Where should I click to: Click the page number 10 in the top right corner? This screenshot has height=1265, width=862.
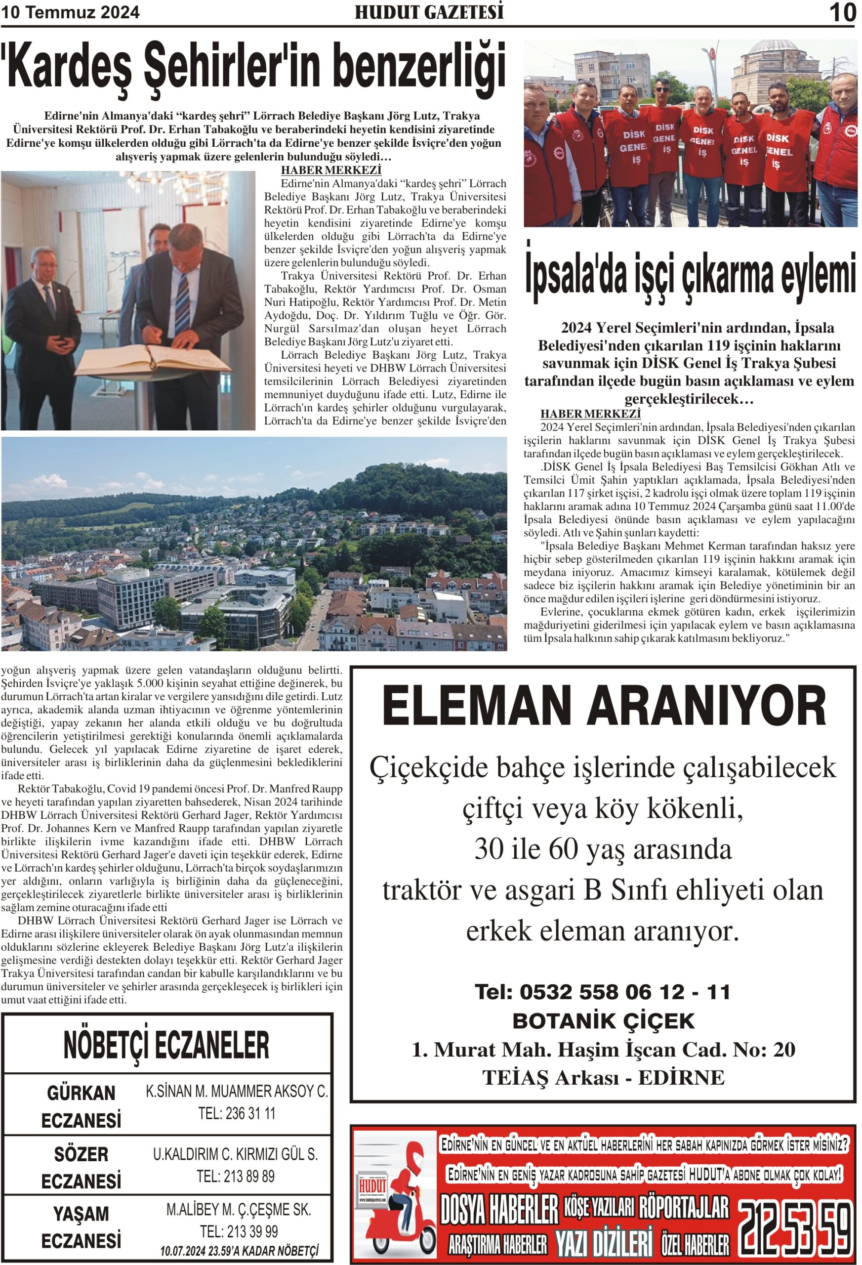[x=842, y=12]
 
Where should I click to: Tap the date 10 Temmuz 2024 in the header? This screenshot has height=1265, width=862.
[x=71, y=12]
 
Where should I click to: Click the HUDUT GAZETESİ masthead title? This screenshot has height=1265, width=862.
[x=429, y=12]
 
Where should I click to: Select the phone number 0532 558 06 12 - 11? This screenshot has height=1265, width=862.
[x=603, y=992]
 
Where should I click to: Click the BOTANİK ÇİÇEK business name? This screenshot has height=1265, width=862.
[x=604, y=1021]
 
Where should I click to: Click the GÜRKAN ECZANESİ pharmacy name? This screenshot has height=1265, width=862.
[x=81, y=1106]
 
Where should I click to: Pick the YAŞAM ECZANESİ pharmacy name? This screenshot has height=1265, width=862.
[x=81, y=1227]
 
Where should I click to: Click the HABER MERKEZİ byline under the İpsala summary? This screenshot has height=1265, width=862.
[x=590, y=414]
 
